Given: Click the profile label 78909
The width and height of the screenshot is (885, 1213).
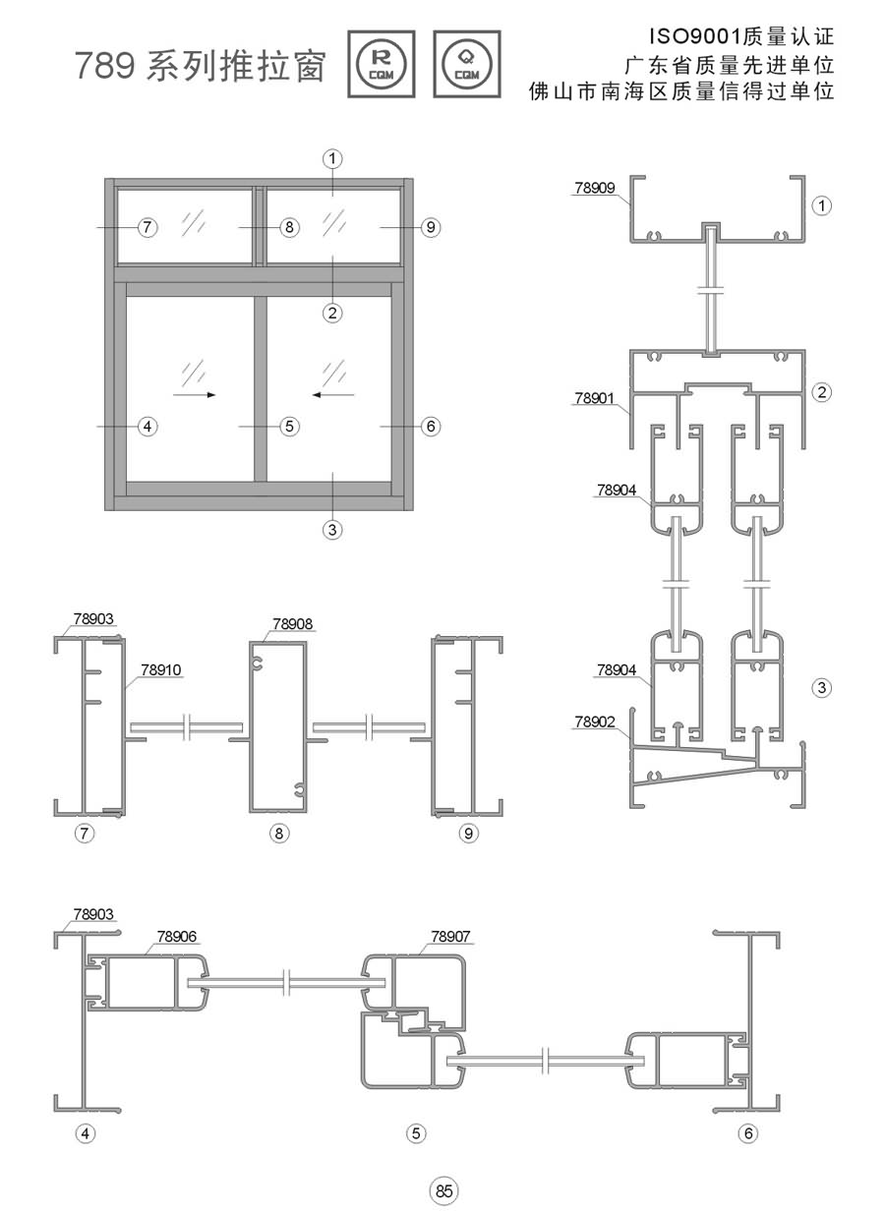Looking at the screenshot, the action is tap(595, 188).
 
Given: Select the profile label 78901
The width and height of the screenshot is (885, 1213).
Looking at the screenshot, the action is tap(595, 398).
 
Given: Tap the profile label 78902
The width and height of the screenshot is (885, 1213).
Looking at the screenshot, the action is tap(595, 722).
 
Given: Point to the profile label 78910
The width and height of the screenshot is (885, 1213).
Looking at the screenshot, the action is tap(161, 669).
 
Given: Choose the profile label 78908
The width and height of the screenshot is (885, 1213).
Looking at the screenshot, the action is tap(292, 624).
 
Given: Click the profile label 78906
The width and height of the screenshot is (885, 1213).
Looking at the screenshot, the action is tap(177, 936).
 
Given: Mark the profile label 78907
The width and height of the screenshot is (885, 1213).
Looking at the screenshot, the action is tap(450, 936).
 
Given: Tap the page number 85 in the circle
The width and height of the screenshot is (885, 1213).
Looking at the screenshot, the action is tap(443, 1190).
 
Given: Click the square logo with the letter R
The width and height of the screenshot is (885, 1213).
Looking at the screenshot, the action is tap(382, 65).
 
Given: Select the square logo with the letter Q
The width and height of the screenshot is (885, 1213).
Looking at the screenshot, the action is tap(467, 65).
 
